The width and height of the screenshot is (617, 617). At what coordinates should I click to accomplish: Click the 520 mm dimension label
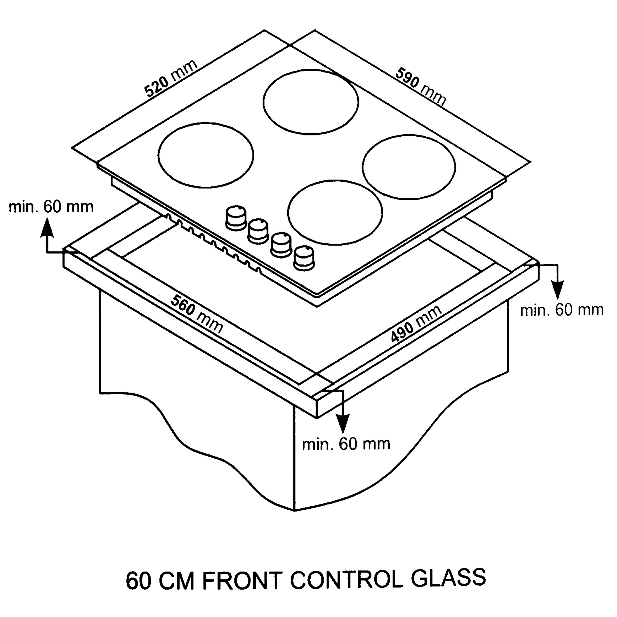pyautogui.click(x=171, y=79)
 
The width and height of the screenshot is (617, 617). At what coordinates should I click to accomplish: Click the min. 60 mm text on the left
pyautogui.click(x=51, y=207)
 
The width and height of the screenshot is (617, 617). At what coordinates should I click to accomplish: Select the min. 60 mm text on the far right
pyautogui.click(x=562, y=310)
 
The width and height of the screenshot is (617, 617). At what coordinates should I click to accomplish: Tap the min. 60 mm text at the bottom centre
pyautogui.click(x=346, y=444)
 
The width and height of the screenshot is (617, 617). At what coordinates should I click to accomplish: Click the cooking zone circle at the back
pyautogui.click(x=311, y=101)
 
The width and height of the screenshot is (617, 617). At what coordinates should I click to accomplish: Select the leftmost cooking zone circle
pyautogui.click(x=206, y=155)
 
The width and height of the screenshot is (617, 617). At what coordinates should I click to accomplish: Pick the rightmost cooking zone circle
pyautogui.click(x=409, y=167)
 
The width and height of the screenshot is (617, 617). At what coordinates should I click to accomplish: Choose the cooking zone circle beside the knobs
pyautogui.click(x=335, y=213)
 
